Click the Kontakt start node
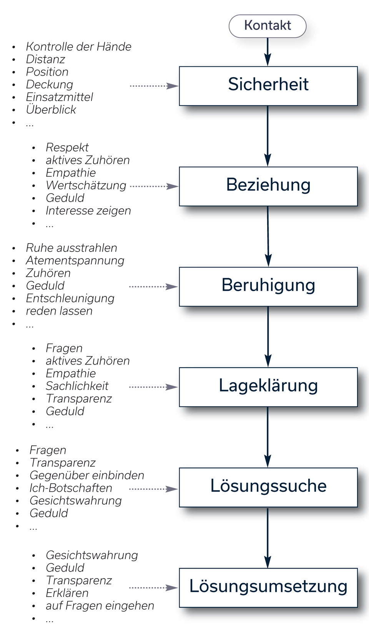(x=268, y=26)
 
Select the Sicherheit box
(x=268, y=86)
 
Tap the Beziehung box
(x=268, y=186)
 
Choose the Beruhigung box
(x=268, y=287)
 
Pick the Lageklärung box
(x=268, y=387)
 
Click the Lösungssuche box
(x=268, y=487)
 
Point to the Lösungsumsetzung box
(x=268, y=588)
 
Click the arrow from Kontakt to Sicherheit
(x=268, y=52)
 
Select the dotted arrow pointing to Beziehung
(x=154, y=186)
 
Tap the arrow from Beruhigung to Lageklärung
(x=268, y=337)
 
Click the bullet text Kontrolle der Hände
(x=78, y=47)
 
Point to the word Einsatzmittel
(x=60, y=97)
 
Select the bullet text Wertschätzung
(x=86, y=185)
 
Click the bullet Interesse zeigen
(x=88, y=211)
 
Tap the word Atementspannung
(x=75, y=261)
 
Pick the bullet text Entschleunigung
(x=70, y=298)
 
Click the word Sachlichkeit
(x=77, y=386)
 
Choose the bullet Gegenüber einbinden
(x=87, y=475)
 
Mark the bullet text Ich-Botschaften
(x=71, y=488)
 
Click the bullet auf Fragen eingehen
(x=100, y=606)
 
